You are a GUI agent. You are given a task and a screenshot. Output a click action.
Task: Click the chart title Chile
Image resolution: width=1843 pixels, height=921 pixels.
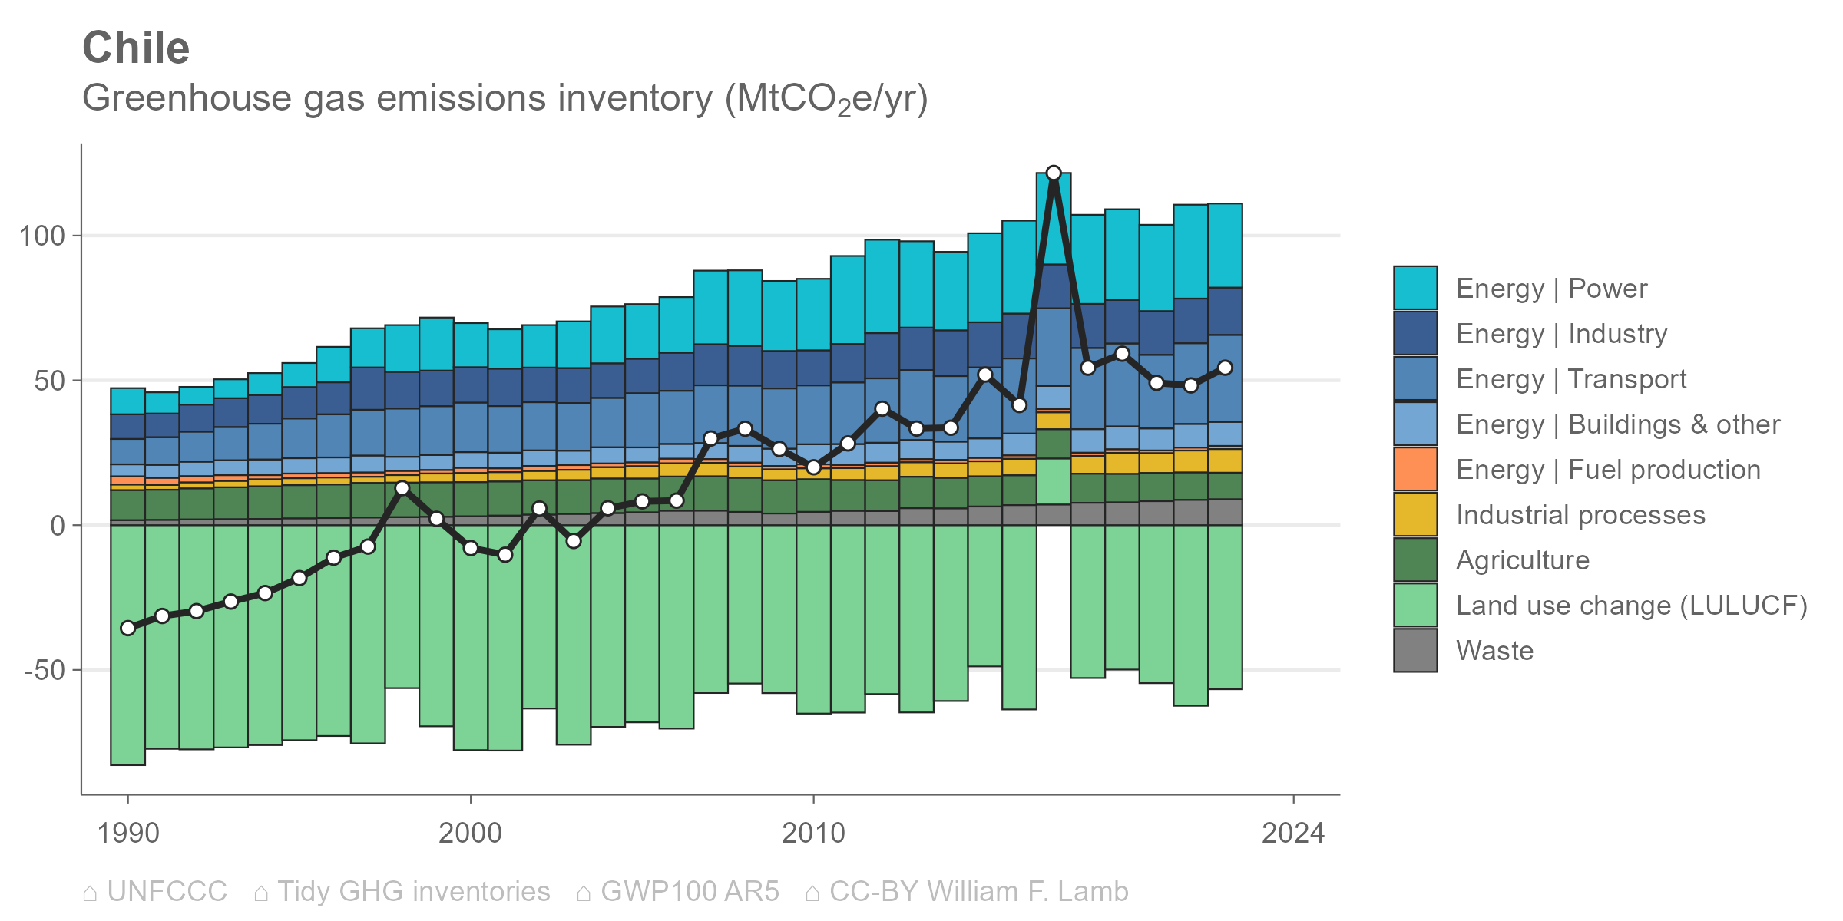136,48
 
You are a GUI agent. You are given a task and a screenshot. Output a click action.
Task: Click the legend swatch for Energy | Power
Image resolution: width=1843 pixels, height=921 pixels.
1415,288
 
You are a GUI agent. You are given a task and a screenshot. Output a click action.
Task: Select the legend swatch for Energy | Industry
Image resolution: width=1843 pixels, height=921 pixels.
1415,333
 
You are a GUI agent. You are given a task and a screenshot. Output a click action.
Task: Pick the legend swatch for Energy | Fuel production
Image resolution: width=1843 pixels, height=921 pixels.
1415,469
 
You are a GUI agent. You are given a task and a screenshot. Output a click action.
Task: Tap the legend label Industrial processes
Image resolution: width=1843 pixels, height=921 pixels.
1580,515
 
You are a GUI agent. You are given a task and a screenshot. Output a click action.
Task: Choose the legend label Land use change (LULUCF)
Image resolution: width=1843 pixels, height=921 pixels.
1632,606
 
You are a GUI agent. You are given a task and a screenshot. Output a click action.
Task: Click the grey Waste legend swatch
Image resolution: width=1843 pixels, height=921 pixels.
1415,650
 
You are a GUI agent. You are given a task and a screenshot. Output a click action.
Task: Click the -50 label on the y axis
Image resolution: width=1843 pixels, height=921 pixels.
45,670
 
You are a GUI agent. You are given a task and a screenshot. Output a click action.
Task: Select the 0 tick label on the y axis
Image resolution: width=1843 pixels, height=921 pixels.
58,526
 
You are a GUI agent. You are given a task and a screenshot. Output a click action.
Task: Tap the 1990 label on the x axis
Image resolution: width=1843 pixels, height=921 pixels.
127,833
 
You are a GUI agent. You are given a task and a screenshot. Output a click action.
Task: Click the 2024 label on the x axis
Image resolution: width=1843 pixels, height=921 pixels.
1293,833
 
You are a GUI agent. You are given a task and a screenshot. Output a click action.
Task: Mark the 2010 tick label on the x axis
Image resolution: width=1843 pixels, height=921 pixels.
813,833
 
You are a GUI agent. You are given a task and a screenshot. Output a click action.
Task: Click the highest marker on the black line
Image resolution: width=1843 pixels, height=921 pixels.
1054,173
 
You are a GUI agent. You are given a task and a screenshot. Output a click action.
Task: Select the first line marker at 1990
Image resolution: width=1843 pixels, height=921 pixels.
127,628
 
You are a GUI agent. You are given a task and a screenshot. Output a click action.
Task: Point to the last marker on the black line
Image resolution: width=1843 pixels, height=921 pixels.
1226,368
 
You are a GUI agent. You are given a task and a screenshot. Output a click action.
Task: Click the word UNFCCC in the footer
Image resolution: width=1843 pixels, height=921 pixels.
167,891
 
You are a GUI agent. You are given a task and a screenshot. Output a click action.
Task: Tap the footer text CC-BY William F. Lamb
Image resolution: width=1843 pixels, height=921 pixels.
979,891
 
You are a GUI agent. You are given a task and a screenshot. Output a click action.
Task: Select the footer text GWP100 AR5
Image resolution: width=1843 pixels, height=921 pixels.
690,891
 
